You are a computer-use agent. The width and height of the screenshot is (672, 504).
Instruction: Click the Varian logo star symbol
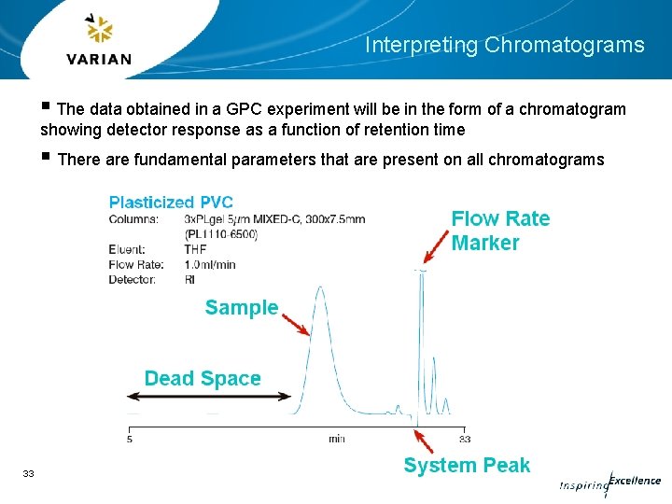[97, 30]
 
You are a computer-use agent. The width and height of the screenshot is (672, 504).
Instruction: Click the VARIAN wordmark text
[99, 60]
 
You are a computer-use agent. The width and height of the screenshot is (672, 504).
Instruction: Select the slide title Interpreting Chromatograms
[504, 45]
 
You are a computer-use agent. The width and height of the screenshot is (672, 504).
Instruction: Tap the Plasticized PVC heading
[171, 203]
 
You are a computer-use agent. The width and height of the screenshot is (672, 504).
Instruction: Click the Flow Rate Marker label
[500, 231]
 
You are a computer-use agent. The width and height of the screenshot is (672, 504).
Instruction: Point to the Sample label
[242, 308]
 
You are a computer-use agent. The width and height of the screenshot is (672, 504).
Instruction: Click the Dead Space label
[203, 379]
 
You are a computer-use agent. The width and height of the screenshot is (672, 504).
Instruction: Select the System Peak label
[467, 466]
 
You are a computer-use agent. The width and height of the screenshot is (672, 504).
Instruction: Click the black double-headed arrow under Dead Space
[209, 397]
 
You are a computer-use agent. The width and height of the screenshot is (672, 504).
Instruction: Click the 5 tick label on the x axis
[129, 439]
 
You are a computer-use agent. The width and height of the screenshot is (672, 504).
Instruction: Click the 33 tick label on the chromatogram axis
[464, 439]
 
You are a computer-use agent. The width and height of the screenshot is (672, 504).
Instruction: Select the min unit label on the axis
[336, 439]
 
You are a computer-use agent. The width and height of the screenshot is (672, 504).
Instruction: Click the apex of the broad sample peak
[321, 288]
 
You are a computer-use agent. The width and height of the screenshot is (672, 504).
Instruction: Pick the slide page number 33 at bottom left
[28, 474]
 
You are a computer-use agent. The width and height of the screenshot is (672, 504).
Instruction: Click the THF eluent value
[195, 249]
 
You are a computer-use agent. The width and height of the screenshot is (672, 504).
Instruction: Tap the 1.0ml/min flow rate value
[210, 264]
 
